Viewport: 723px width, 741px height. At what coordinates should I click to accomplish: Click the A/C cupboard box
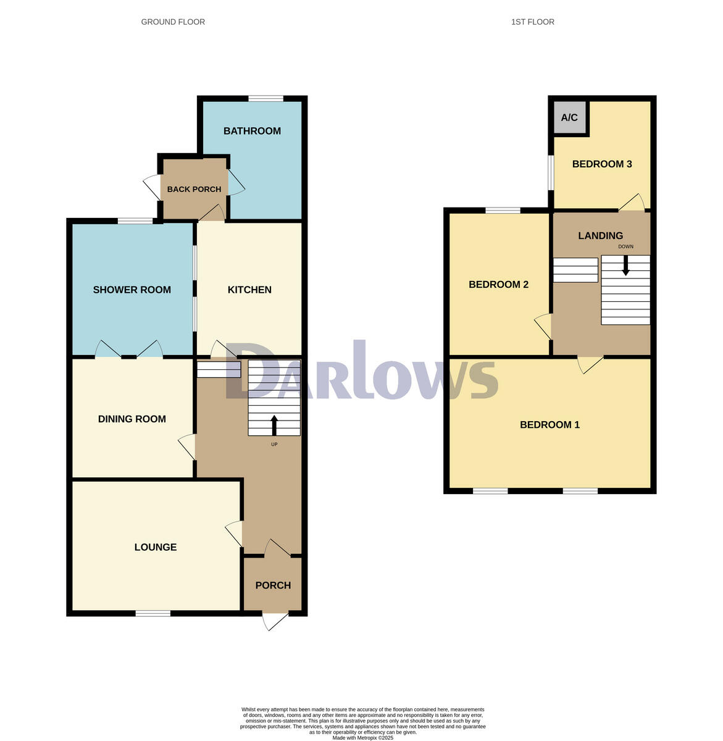pyautogui.click(x=569, y=117)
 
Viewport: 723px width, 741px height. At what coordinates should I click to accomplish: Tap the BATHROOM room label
pyautogui.click(x=252, y=131)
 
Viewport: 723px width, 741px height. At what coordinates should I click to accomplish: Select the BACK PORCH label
pyautogui.click(x=194, y=189)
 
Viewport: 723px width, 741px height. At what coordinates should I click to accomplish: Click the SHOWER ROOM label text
pyautogui.click(x=132, y=290)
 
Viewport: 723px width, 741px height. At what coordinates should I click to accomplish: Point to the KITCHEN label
pyautogui.click(x=249, y=290)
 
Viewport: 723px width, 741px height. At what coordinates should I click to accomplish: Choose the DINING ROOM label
pyautogui.click(x=132, y=419)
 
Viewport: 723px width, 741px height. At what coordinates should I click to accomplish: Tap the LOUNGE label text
pyautogui.click(x=156, y=547)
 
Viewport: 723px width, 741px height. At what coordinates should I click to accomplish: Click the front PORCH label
pyautogui.click(x=273, y=585)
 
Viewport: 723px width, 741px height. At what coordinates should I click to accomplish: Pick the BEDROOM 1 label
pyautogui.click(x=550, y=425)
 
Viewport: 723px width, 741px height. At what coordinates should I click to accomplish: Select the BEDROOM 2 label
pyautogui.click(x=498, y=285)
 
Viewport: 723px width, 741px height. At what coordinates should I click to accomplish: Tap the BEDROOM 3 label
pyautogui.click(x=601, y=164)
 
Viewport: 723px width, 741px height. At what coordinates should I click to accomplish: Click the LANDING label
pyautogui.click(x=600, y=235)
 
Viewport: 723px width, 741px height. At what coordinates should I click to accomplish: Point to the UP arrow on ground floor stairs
pyautogui.click(x=274, y=425)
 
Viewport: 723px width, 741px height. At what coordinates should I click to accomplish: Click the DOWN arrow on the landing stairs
pyautogui.click(x=625, y=266)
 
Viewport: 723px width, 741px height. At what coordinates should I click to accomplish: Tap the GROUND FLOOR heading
pyautogui.click(x=173, y=22)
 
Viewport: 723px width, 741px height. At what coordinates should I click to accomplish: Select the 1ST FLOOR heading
pyautogui.click(x=532, y=22)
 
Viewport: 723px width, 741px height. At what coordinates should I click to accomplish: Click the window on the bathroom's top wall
pyautogui.click(x=266, y=98)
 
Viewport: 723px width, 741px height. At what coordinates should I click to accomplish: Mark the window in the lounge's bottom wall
pyautogui.click(x=153, y=613)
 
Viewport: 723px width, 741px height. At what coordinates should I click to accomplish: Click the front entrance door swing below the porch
pyautogui.click(x=275, y=621)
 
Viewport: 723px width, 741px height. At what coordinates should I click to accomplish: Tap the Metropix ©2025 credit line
pyautogui.click(x=362, y=737)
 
